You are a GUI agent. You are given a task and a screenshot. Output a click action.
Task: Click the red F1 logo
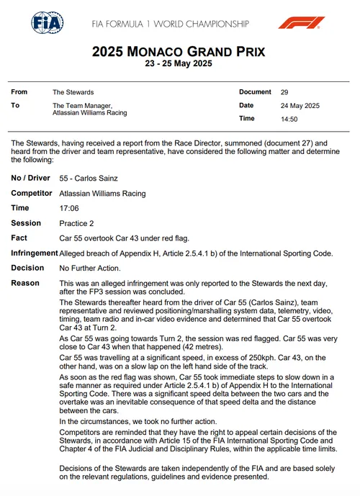(x=297, y=23)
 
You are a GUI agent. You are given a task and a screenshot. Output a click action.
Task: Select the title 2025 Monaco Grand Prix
(x=179, y=52)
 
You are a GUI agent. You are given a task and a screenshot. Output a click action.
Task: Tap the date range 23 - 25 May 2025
(x=179, y=65)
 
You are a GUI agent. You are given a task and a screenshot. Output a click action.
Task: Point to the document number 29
(x=285, y=92)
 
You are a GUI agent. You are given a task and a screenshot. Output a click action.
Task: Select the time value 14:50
(x=289, y=119)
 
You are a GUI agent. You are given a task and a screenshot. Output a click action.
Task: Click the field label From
(x=19, y=92)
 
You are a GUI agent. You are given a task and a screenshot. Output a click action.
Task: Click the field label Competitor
(x=32, y=194)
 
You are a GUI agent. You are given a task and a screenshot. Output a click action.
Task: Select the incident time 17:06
(x=69, y=208)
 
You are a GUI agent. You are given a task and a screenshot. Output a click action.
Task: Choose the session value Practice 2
(x=78, y=223)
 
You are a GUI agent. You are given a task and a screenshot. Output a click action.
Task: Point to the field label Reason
(x=25, y=283)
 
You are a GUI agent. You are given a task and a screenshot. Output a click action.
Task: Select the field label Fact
(x=20, y=238)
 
